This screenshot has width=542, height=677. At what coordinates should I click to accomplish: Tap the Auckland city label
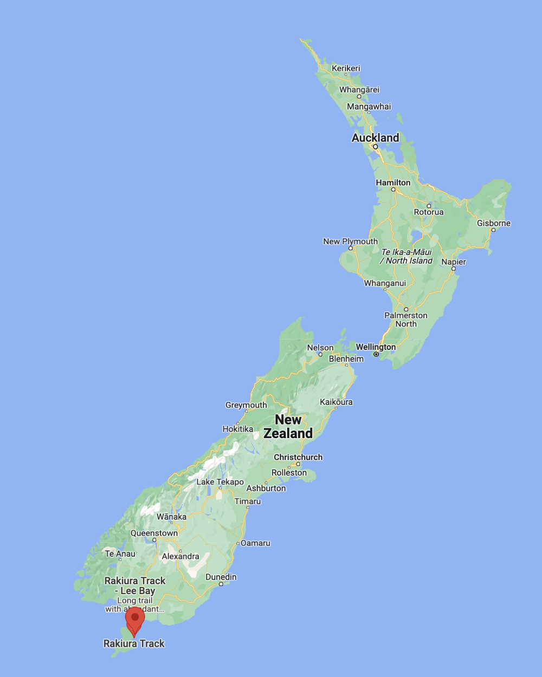[375, 138]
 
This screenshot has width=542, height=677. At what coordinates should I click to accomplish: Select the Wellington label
[376, 347]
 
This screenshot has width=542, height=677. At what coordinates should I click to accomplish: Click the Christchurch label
[298, 457]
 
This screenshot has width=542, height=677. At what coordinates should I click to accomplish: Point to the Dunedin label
[221, 577]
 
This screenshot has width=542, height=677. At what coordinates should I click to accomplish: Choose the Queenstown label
[154, 533]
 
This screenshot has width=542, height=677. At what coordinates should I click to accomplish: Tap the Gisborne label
[494, 223]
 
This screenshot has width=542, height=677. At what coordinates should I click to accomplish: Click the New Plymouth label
[350, 241]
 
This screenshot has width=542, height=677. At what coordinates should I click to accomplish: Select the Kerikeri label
[346, 68]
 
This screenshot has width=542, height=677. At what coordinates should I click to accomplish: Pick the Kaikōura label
[336, 402]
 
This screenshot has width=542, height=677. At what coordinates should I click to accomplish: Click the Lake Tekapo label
[220, 481]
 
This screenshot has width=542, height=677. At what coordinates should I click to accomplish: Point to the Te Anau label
[120, 554]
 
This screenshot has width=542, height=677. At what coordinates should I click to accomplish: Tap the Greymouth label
[246, 405]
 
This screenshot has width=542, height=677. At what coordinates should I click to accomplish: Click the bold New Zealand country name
[288, 426]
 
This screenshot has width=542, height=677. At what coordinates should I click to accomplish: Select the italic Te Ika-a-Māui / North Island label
[406, 256]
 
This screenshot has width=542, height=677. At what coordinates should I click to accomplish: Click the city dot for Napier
[454, 269]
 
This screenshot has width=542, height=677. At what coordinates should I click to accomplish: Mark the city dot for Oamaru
[238, 543]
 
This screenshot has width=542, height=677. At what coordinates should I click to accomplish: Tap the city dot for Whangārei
[359, 96]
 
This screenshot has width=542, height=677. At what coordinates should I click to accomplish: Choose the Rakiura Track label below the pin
[134, 643]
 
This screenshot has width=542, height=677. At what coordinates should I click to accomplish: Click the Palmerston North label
[406, 320]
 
